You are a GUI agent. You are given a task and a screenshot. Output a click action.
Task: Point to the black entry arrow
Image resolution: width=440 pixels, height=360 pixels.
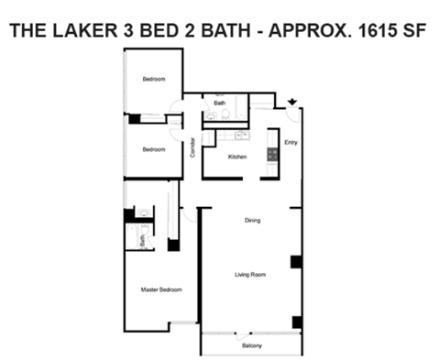[292, 103]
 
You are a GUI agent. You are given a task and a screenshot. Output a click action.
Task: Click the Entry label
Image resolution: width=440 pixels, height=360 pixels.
[290, 143]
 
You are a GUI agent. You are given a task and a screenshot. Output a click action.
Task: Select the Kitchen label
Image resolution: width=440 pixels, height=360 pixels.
[237, 158]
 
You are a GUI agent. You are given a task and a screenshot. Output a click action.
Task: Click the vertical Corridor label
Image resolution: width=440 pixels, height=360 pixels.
[192, 147]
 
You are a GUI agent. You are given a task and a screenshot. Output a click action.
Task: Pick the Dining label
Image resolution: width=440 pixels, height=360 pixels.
[252, 221]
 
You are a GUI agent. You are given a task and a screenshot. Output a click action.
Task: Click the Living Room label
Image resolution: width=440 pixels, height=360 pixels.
[251, 273]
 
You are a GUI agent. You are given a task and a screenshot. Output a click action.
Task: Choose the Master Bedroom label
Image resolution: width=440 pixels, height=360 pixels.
[161, 289]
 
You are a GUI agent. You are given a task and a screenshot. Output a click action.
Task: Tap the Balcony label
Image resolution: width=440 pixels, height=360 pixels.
[252, 345]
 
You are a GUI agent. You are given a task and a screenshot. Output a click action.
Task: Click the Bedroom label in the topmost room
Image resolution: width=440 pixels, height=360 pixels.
[154, 80]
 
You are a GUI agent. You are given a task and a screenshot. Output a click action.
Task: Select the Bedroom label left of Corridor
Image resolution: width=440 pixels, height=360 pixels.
[154, 149]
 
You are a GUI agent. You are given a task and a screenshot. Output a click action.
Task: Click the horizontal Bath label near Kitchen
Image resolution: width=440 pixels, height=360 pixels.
[220, 104]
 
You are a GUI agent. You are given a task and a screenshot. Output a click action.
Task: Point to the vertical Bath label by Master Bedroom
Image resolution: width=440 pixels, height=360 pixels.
[143, 239]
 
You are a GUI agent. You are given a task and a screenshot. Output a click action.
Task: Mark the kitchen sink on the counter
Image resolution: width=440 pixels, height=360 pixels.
[242, 136]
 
